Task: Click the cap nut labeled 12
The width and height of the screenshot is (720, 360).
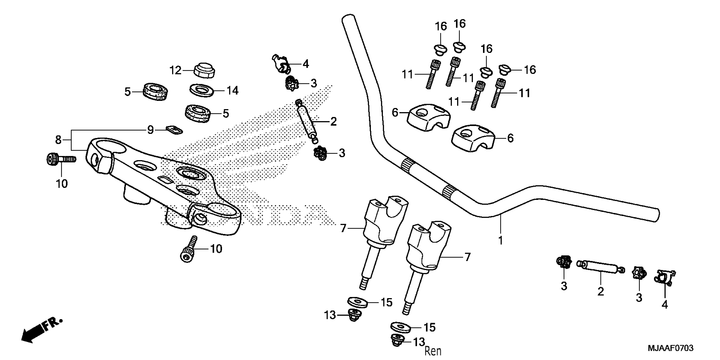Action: (205, 71)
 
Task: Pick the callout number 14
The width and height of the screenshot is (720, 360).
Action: (232, 91)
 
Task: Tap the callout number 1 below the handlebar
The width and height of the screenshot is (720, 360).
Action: (501, 240)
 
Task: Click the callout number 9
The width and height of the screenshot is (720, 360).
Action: (150, 130)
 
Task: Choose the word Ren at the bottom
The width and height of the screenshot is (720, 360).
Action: (433, 351)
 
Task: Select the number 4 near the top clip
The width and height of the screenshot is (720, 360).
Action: (306, 64)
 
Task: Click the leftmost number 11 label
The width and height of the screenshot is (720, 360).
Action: (407, 75)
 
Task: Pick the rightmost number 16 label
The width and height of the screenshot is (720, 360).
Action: (530, 70)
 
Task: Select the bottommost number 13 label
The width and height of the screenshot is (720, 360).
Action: (419, 342)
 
